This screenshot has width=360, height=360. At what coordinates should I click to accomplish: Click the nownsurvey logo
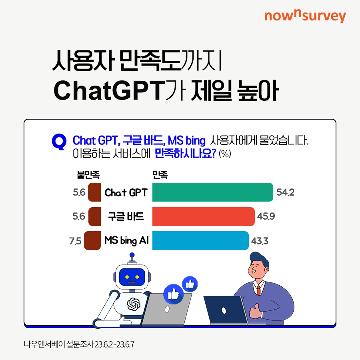pos(305,16)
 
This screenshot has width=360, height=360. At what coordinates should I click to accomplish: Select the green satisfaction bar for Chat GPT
pos(213,192)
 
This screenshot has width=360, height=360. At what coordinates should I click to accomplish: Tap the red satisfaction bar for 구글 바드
pos(204,216)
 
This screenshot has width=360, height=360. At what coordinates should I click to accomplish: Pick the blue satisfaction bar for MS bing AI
pos(200,240)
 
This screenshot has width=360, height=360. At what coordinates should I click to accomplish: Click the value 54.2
pos(285,192)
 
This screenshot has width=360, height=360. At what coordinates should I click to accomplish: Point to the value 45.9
pos(266,216)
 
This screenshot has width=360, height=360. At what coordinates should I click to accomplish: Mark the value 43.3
pos(260,241)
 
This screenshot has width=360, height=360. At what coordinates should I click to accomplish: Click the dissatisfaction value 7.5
pos(75,241)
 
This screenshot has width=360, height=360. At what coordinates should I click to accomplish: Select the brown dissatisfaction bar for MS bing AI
pos(92,240)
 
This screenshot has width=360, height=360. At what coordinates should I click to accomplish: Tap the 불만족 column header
pos(88,175)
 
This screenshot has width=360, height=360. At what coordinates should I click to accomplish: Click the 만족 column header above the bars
pos(160,175)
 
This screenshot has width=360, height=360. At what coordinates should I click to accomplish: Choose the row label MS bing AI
pos(126,241)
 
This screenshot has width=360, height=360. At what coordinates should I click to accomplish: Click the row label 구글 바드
pos(126,216)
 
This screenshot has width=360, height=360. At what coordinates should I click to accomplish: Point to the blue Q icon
pos(59,142)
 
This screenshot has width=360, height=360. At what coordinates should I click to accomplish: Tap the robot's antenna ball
pos(132,255)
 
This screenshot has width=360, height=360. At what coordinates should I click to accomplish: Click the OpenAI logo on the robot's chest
pos(134,304)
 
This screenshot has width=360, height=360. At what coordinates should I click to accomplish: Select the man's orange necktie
pos(258,290)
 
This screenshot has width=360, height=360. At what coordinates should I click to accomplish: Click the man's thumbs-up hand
pos(255,311)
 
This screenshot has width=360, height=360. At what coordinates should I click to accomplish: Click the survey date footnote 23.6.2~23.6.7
pos(114,344)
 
